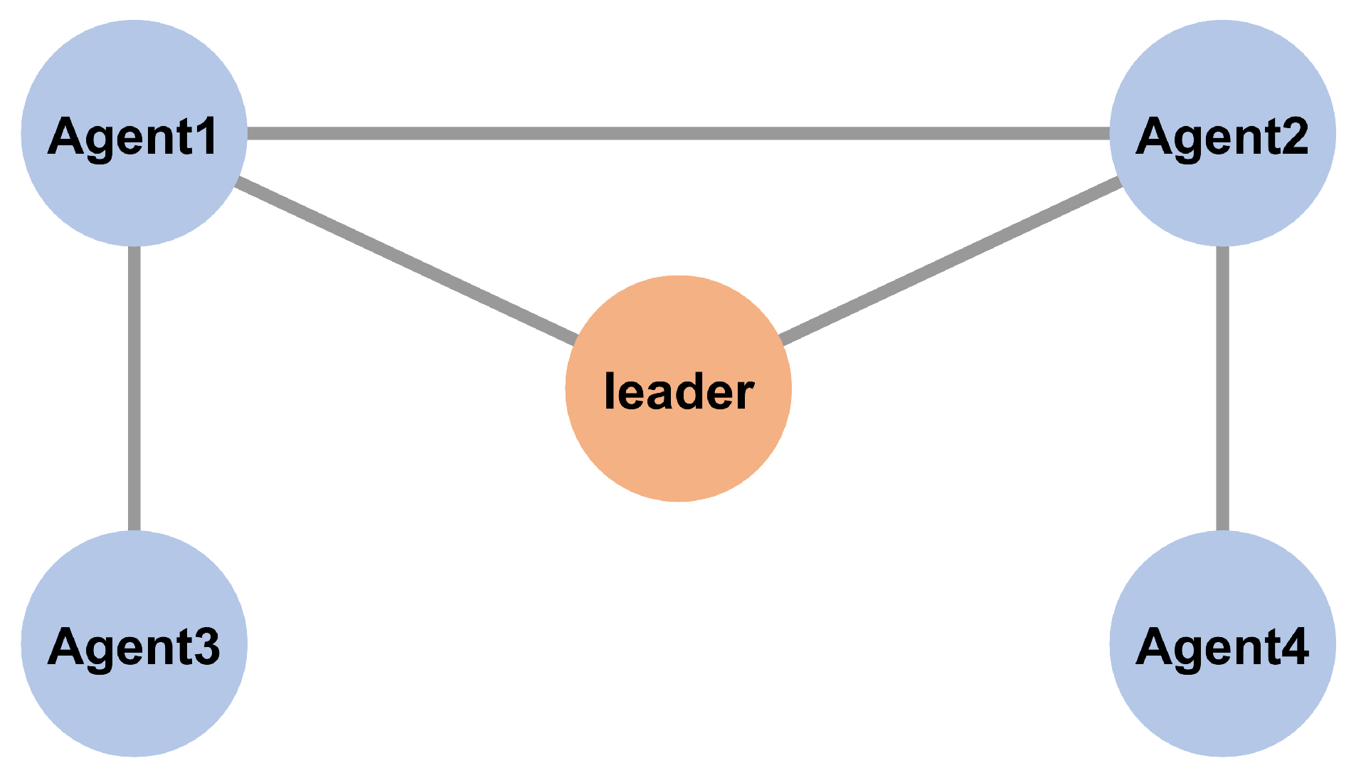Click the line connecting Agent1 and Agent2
[678, 133]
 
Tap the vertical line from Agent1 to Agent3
[134, 388]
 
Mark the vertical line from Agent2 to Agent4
[1222, 388]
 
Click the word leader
[678, 391]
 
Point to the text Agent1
[132, 137]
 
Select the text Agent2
[1222, 137]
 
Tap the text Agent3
[133, 647]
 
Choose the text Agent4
[1222, 647]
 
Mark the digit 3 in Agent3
[206, 646]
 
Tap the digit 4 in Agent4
[1293, 646]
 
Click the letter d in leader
[688, 391]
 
